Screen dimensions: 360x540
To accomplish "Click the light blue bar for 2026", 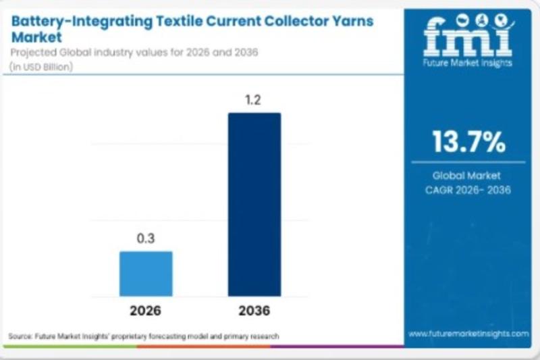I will point(146,274).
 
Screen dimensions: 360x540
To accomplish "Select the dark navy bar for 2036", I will point(254,204).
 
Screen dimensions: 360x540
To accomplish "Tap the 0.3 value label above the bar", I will point(146,238).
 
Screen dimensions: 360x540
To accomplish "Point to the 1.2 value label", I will point(254,100).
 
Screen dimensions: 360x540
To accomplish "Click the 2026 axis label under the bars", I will point(146,311).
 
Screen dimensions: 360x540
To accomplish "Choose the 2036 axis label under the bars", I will point(254,311).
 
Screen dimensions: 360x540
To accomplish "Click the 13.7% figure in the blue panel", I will point(468,143).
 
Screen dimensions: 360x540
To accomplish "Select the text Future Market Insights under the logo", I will point(468,63).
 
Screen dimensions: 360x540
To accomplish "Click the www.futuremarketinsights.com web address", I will point(468,334).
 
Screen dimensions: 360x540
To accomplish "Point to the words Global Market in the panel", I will point(468,176).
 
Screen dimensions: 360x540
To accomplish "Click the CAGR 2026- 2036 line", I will point(468,190).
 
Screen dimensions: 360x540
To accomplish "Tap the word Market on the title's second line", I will point(35,36).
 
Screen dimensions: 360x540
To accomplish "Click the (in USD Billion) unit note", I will point(41,66).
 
